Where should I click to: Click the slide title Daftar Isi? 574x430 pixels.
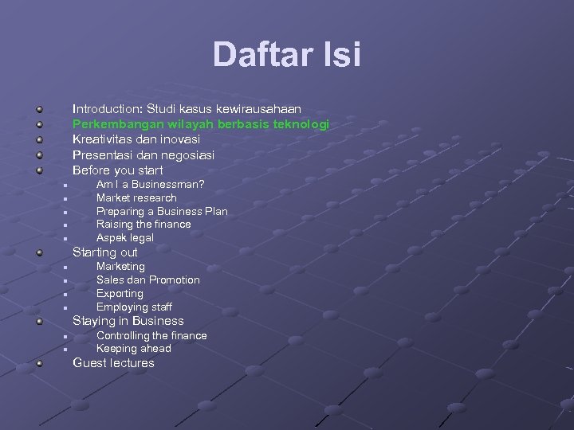[287, 55]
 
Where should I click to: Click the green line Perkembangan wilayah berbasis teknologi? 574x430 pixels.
[201, 124]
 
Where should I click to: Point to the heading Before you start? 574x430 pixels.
[118, 170]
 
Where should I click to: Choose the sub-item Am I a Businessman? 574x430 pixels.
[150, 184]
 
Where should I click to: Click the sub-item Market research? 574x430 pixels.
[136, 197]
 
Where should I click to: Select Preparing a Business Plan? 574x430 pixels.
[162, 211]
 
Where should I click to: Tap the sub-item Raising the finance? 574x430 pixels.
[143, 225]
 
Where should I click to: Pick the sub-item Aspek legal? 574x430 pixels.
[125, 238]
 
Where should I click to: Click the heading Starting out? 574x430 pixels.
[105, 252]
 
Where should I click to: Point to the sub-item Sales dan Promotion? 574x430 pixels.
[148, 280]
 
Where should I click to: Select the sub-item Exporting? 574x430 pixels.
[120, 294]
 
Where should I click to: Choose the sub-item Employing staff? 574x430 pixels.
[134, 307]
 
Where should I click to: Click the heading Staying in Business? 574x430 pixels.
[128, 322]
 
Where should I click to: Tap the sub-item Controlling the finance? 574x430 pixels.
[151, 336]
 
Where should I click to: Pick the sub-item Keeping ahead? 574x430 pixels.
[134, 349]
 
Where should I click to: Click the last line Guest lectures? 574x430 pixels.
[113, 363]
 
